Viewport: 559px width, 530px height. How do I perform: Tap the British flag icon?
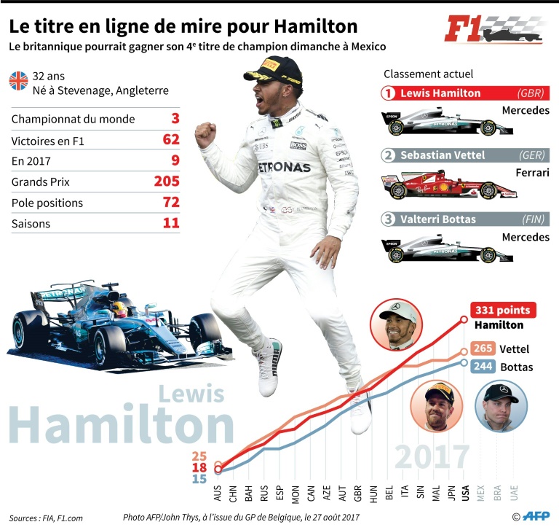coord(18,80)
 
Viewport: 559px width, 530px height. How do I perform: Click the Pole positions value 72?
coord(171,202)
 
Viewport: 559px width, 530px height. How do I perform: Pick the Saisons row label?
coord(31,224)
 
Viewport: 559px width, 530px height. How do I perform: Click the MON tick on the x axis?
coord(296,495)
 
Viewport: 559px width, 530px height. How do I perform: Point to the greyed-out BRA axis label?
coord(498,495)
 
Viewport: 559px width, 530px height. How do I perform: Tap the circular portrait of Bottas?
coord(496,406)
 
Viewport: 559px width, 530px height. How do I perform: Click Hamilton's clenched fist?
coord(206,132)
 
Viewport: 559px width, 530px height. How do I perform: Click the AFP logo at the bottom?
coord(534,516)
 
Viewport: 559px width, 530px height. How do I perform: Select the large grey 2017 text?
coord(432,457)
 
